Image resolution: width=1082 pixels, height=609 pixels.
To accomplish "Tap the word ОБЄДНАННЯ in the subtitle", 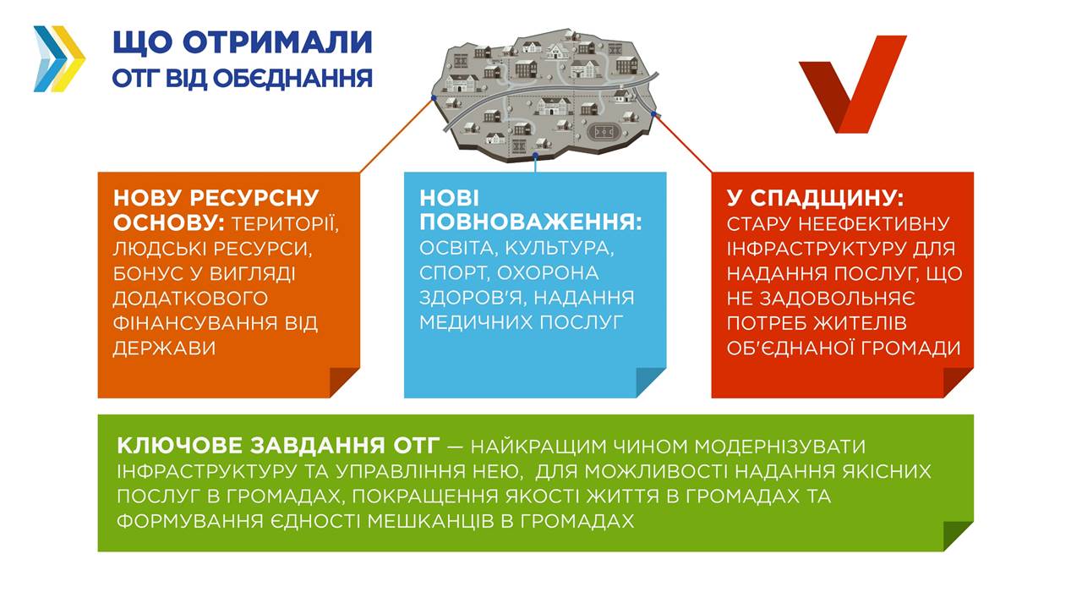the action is pyautogui.click(x=292, y=79).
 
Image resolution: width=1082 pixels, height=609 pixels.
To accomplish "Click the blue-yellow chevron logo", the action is pyautogui.click(x=59, y=58).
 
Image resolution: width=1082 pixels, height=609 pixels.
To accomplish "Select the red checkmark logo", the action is pyautogui.click(x=852, y=84).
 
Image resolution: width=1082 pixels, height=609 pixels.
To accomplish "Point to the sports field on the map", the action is pyautogui.click(x=604, y=131).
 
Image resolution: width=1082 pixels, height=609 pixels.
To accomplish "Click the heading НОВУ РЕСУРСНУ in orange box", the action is pyautogui.click(x=216, y=198).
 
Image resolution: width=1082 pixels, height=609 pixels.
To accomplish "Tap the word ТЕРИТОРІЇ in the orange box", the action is pyautogui.click(x=285, y=224).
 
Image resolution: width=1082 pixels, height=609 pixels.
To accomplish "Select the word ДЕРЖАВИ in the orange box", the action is pyautogui.click(x=164, y=348).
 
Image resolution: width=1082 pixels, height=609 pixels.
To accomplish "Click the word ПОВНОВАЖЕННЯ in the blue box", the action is pyautogui.click(x=530, y=222).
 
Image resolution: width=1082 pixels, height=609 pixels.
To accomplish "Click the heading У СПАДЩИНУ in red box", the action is pyautogui.click(x=815, y=198).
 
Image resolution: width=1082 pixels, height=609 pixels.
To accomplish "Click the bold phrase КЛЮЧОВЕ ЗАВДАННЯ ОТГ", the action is pyautogui.click(x=278, y=446).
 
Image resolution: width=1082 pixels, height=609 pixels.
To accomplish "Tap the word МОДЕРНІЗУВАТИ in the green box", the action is pyautogui.click(x=779, y=446).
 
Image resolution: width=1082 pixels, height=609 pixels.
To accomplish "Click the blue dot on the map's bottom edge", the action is pyautogui.click(x=535, y=155).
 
